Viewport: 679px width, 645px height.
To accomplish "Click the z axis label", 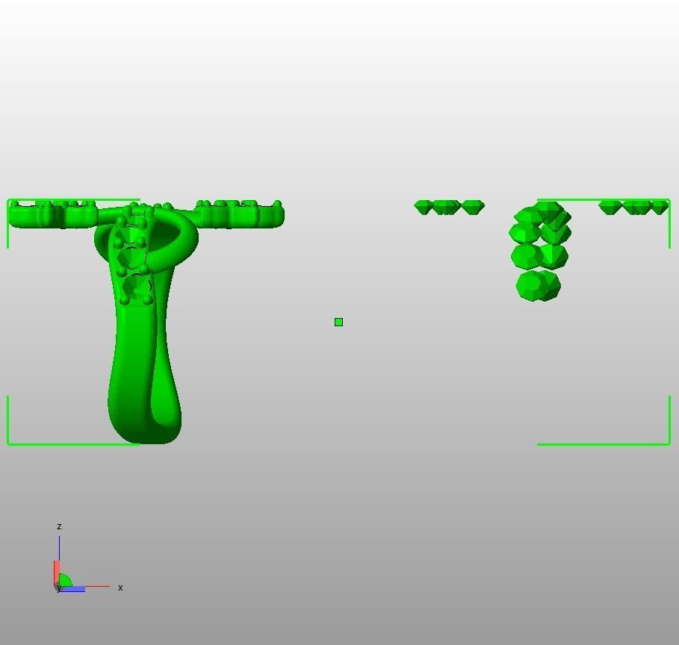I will pos(59,526).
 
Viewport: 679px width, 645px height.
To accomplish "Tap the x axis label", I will pos(120,588).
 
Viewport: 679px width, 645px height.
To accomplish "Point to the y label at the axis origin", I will pos(58,588).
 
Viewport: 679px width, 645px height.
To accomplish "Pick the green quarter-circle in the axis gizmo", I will pos(65,581).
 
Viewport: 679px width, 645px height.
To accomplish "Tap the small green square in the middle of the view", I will pos(338,322).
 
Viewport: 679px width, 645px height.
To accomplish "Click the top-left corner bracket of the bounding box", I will pos(9,202).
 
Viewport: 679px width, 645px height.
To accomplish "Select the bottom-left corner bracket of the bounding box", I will pos(9,443).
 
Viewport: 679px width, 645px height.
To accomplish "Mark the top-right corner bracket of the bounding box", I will pos(669,202).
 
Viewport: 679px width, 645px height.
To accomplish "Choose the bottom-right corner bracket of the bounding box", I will pos(669,443).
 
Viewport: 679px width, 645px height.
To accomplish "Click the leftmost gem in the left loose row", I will pos(423,207).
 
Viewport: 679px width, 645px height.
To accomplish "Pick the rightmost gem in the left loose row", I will pos(474,207).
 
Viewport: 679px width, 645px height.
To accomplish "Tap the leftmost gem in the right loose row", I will pos(610,207).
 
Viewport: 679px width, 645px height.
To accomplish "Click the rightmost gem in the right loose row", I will pos(660,207).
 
